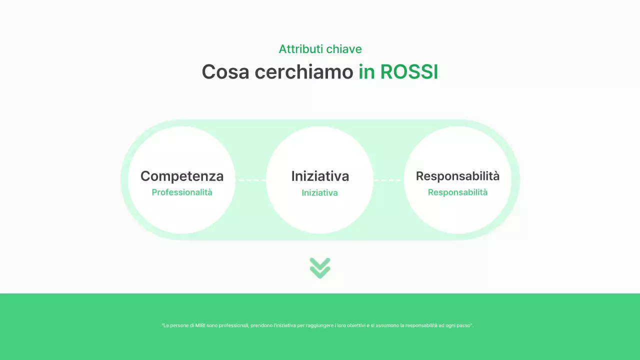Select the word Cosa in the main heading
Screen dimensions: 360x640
pyautogui.click(x=225, y=72)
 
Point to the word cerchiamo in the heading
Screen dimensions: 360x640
pyautogui.click(x=303, y=72)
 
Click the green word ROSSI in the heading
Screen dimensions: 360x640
pyautogui.click(x=409, y=72)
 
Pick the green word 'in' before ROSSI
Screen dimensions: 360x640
pyautogui.click(x=366, y=72)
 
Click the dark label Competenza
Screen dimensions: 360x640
pyautogui.click(x=182, y=176)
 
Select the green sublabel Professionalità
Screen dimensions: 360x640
pyautogui.click(x=182, y=192)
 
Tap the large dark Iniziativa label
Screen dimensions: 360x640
pyautogui.click(x=320, y=176)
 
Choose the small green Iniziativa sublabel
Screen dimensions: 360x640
pyautogui.click(x=320, y=193)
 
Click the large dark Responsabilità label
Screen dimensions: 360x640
pyautogui.click(x=457, y=176)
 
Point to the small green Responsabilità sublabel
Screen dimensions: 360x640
pyautogui.click(x=457, y=192)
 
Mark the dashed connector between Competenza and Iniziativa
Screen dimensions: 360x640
pyautogui.click(x=251, y=180)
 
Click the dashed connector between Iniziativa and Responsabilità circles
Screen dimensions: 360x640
pyautogui.click(x=388, y=180)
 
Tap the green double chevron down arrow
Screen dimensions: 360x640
pyautogui.click(x=320, y=268)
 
